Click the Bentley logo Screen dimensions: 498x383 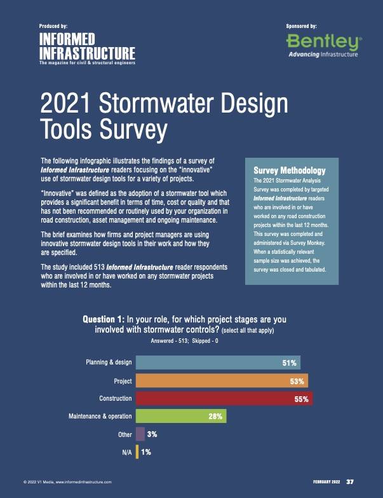(x=322, y=46)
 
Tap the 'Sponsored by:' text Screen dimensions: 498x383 (x=302, y=26)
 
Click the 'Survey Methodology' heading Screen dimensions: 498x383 (x=289, y=170)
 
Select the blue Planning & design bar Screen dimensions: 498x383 (x=218, y=363)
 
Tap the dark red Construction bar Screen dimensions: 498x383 (x=224, y=399)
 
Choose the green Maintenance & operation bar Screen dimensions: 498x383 (x=181, y=417)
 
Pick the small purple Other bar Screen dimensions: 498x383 (x=140, y=434)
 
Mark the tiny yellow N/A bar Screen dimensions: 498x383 (x=137, y=452)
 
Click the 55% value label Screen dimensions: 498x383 (x=301, y=399)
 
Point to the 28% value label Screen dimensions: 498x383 (x=215, y=417)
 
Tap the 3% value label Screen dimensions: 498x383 (x=152, y=435)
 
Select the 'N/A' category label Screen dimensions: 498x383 (x=126, y=452)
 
